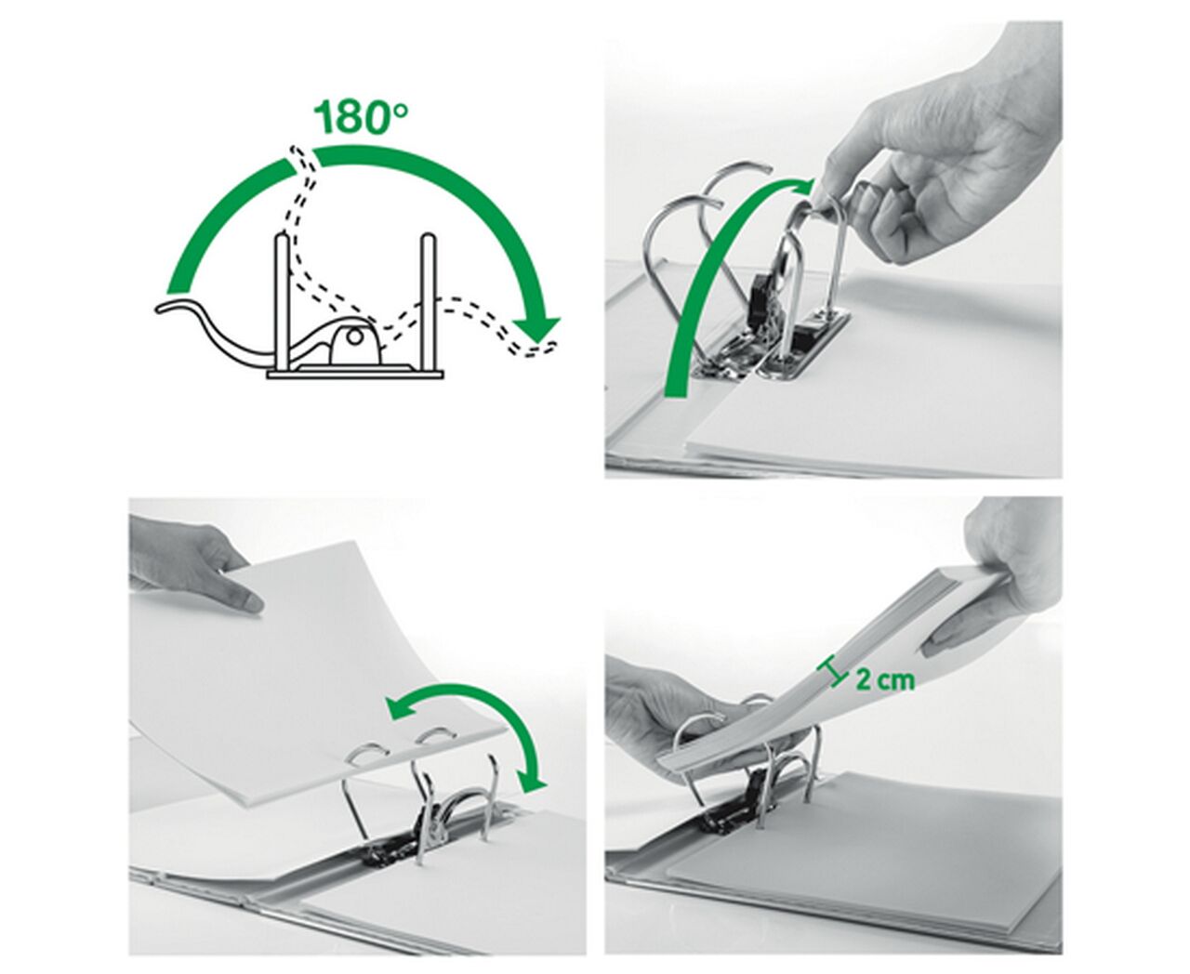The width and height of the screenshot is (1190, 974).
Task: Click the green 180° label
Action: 361,117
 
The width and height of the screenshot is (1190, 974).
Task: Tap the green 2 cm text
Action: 884,679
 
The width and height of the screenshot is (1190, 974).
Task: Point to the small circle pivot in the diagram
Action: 352,337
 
